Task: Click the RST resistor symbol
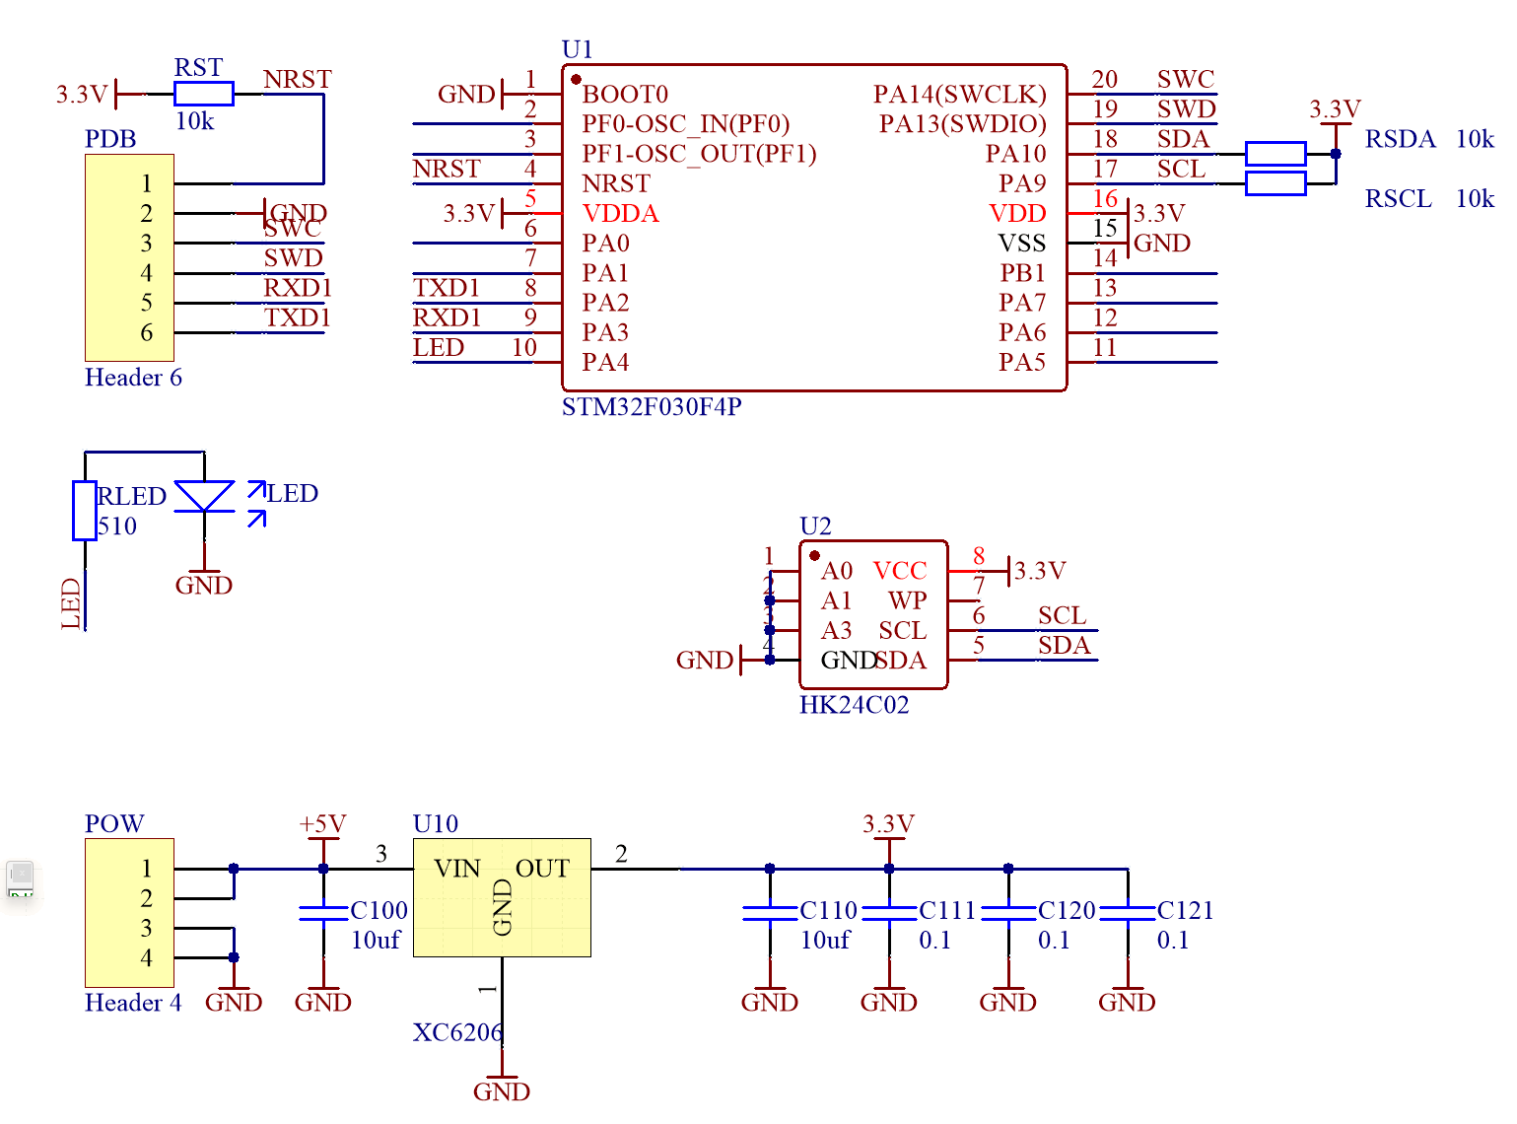click(203, 94)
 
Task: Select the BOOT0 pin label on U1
click(625, 95)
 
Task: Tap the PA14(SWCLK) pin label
click(959, 95)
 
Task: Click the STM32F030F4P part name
click(652, 407)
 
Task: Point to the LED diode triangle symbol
click(204, 496)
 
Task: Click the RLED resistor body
click(85, 511)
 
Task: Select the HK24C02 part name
click(854, 705)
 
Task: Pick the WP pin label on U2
click(907, 600)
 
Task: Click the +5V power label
click(322, 824)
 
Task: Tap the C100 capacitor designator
click(379, 910)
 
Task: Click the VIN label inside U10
click(457, 869)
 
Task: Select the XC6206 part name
click(457, 1032)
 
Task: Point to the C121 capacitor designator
click(1185, 910)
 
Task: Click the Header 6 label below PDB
click(133, 378)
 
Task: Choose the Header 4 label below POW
click(133, 1003)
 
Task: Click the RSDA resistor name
click(1400, 139)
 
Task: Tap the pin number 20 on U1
click(1105, 80)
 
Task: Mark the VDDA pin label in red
click(620, 214)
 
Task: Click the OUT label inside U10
click(542, 869)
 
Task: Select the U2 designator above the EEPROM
click(815, 526)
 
